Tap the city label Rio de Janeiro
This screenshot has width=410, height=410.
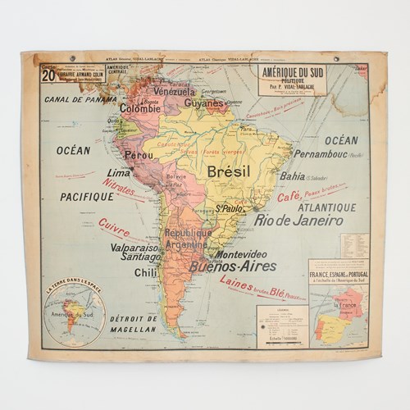point(304,220)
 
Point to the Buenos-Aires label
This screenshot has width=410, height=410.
point(233,266)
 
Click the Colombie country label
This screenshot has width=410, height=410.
point(140,107)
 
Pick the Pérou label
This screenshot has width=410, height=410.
point(139,154)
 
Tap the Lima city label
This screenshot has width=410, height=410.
point(120,174)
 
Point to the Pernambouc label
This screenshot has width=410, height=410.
point(321,154)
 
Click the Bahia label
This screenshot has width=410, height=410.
point(293,175)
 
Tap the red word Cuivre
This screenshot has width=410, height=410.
point(114,226)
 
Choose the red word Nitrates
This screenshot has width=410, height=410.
point(119,189)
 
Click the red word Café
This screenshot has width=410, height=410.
point(288,197)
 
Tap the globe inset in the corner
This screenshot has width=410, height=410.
point(74,313)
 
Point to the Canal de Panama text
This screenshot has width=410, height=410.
point(81,99)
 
